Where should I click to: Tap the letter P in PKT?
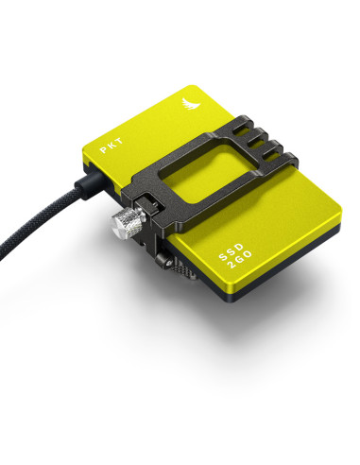click(104, 149)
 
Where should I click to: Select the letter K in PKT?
click(111, 145)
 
